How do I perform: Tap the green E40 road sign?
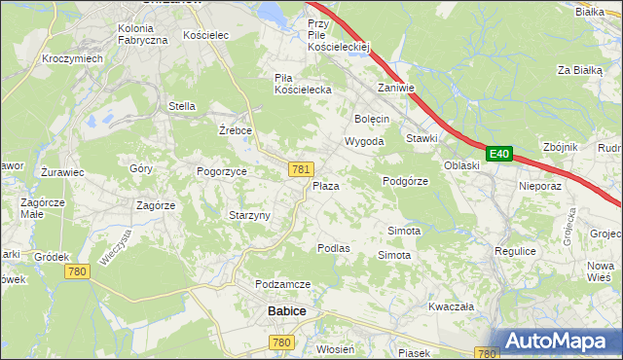[498, 154]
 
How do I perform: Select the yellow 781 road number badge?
[300, 169]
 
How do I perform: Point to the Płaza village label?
[325, 185]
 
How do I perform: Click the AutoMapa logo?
[557, 342]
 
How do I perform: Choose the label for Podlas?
[333, 248]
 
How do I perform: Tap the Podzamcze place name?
[282, 283]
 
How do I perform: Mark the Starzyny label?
[248, 215]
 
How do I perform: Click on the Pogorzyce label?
[222, 171]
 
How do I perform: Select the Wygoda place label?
[364, 141]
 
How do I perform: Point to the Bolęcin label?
[372, 119]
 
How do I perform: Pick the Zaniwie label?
[396, 88]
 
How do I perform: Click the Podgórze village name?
[406, 181]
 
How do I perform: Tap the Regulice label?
[515, 251]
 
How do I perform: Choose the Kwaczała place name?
[451, 306]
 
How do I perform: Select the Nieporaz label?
[541, 185]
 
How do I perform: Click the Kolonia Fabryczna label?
[143, 34]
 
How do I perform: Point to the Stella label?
[182, 106]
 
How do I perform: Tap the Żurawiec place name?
[63, 172]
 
